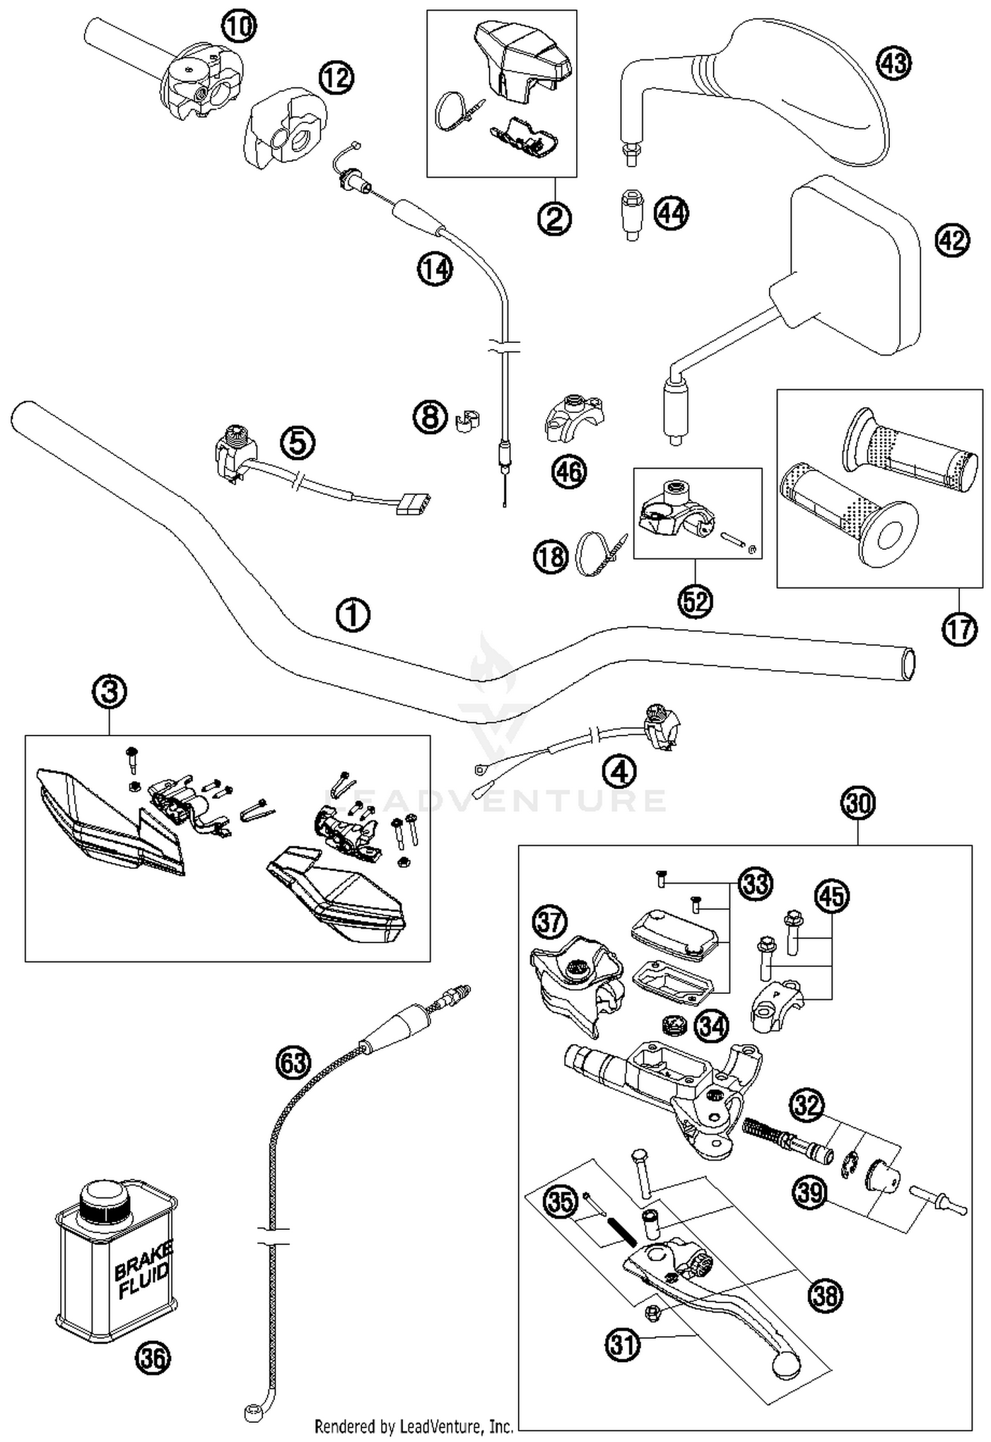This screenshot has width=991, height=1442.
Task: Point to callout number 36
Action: (x=153, y=1359)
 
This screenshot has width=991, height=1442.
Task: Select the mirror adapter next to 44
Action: (x=633, y=215)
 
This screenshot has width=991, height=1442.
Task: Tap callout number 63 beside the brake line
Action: (x=293, y=1062)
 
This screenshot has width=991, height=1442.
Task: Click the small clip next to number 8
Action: (x=467, y=420)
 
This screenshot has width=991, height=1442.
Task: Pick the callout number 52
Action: (x=696, y=601)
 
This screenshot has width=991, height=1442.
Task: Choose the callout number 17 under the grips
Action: (x=959, y=628)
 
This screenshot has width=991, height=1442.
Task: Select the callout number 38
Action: (x=826, y=1295)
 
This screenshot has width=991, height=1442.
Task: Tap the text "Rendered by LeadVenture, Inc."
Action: (x=414, y=1425)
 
